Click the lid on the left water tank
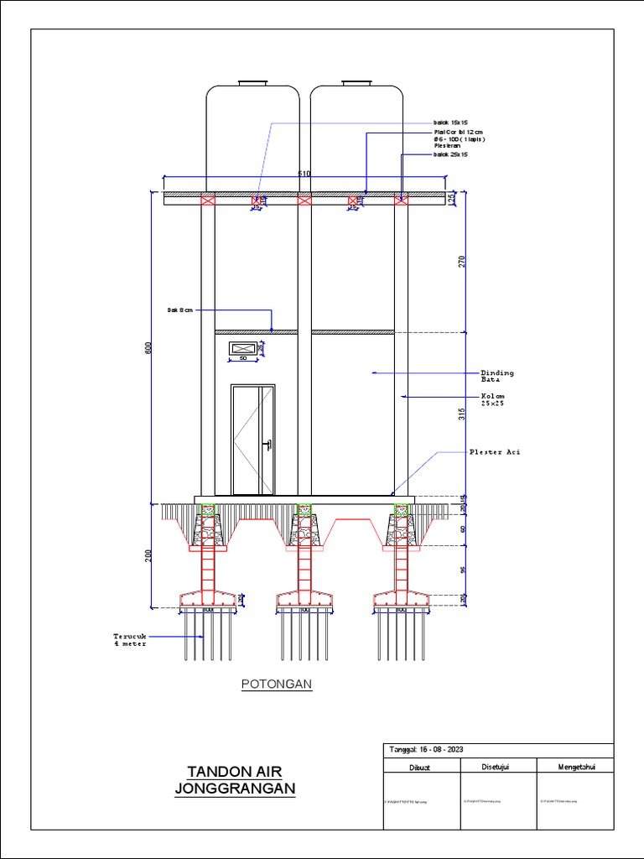click(x=252, y=83)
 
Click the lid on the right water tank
click(x=356, y=83)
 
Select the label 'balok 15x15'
click(x=450, y=122)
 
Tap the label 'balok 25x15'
click(x=450, y=154)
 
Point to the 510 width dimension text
click(x=304, y=174)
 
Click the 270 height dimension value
click(x=461, y=261)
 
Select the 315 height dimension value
click(x=461, y=414)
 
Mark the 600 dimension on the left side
click(x=150, y=348)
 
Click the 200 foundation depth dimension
click(x=150, y=555)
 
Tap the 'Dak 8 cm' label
click(x=179, y=310)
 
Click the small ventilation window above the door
click(x=243, y=347)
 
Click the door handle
click(x=267, y=445)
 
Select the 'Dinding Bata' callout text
click(x=496, y=376)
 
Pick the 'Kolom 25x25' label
click(x=492, y=399)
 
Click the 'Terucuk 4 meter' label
click(x=130, y=639)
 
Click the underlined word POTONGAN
click(x=277, y=685)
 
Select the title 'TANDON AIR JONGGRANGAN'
click(x=236, y=780)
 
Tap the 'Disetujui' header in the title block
click(x=496, y=766)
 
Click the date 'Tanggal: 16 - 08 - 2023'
click(x=428, y=750)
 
